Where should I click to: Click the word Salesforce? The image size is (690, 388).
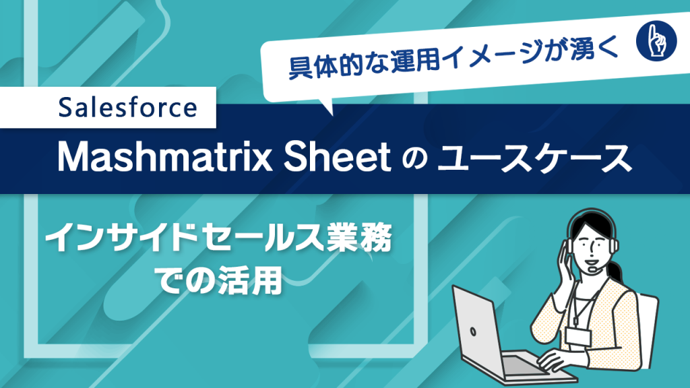127,108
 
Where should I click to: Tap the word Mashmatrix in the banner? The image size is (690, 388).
165,157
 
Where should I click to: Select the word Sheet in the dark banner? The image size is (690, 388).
337,157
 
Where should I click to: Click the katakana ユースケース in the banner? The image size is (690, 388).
534,158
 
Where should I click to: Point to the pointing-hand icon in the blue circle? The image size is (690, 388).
656,40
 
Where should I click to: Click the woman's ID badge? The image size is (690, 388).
577,337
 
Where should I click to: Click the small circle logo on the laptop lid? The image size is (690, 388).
472,331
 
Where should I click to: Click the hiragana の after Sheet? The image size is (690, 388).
414,159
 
